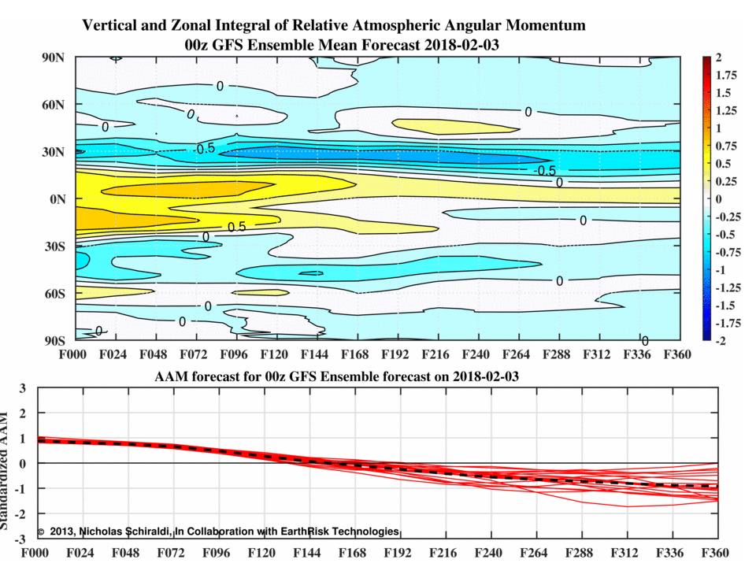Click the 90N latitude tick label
(53, 57)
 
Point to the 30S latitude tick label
(53, 246)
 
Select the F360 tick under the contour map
(676, 355)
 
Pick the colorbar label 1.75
(727, 75)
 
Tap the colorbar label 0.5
(724, 163)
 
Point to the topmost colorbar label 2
(718, 57)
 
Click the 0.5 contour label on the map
(236, 227)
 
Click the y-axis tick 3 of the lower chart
(23, 387)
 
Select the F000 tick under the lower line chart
(36, 553)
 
